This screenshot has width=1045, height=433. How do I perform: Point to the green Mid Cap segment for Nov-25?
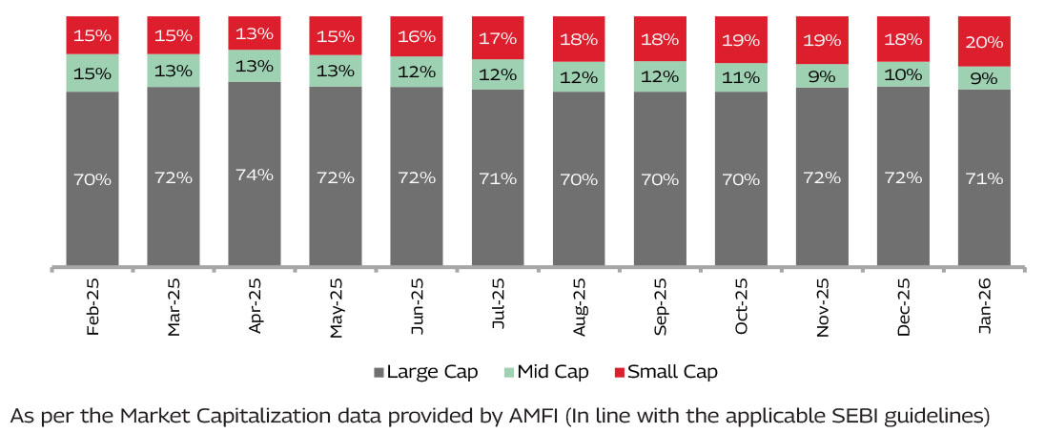tap(822, 75)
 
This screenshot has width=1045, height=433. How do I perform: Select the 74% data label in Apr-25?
tap(255, 175)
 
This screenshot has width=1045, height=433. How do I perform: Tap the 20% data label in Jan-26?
tap(984, 41)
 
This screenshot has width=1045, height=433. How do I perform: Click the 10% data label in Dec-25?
tap(903, 74)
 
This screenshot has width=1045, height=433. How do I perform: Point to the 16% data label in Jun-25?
tap(417, 36)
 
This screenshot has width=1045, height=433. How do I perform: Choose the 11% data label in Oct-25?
tap(741, 78)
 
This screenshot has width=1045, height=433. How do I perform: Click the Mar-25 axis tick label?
tap(174, 307)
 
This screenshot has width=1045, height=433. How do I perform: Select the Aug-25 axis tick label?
tap(580, 307)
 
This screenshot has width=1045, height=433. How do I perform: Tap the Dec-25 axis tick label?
tap(904, 307)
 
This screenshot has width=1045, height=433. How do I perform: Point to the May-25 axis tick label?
tap(337, 307)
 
